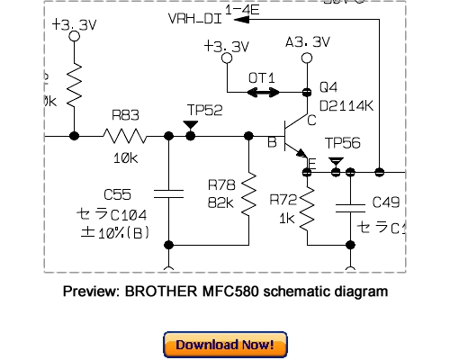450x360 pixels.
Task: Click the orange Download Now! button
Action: [225, 345]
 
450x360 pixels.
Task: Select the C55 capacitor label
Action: [117, 194]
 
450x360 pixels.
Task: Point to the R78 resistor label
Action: [220, 184]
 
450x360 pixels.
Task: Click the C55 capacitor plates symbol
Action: [168, 190]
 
